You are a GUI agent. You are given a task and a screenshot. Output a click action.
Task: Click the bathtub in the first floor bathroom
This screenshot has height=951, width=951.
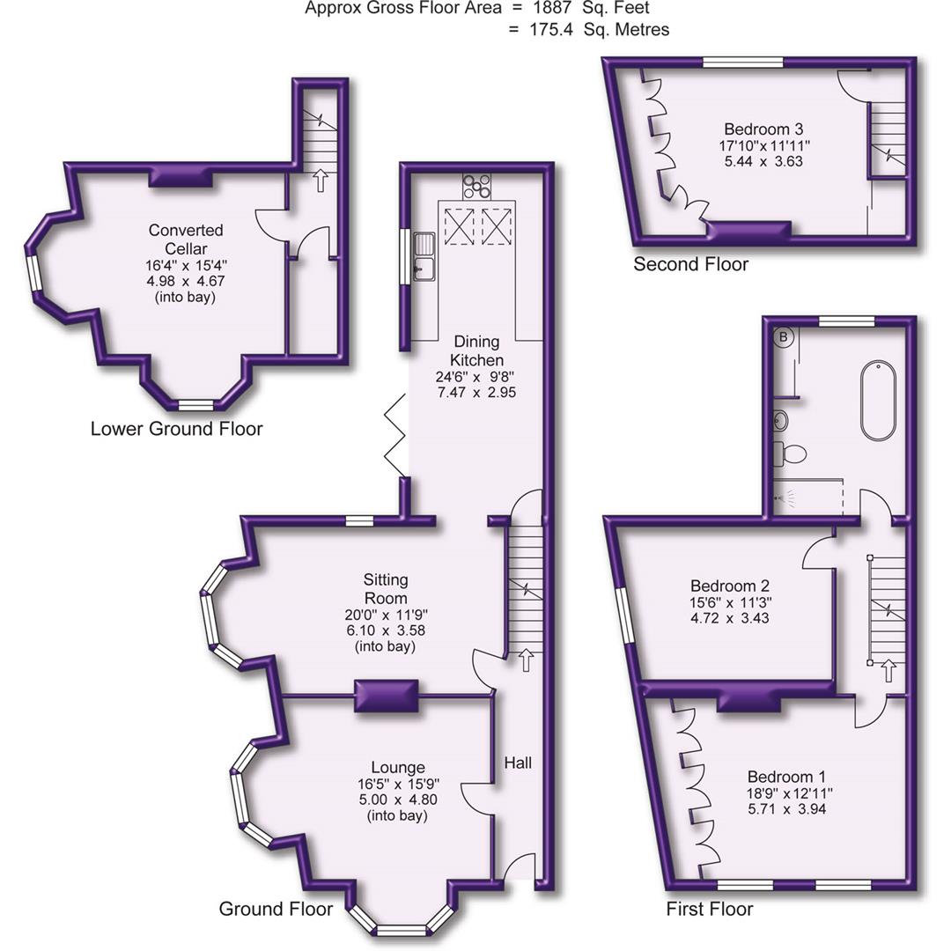coord(878,401)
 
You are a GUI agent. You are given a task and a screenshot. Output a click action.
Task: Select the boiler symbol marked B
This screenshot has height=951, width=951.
coord(783,336)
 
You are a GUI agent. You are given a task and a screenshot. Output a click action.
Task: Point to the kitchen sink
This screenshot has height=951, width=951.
coord(426,254)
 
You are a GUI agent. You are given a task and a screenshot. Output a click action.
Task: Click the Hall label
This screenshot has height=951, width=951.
coord(518,763)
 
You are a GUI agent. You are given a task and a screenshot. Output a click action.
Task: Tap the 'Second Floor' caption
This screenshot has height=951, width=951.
coord(690,264)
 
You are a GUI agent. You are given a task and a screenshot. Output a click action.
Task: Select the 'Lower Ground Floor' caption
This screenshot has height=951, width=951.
coord(176,429)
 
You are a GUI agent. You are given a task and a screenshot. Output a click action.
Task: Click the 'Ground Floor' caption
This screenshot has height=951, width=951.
coord(276,909)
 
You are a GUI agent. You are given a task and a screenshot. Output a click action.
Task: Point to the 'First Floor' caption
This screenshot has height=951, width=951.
coord(710,909)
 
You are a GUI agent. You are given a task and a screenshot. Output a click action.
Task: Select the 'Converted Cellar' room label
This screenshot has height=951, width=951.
coord(185,239)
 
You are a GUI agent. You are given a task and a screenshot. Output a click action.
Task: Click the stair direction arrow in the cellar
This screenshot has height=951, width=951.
coord(320,181)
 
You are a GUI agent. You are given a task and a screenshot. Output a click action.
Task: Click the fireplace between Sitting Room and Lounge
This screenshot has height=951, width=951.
coord(386,697)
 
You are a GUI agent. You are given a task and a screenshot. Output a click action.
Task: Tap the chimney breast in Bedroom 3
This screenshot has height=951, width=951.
coord(749,231)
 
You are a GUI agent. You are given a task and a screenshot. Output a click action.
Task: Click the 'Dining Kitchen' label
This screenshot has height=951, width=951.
coord(476,350)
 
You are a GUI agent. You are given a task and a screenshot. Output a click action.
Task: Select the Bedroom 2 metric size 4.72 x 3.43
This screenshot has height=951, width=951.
coord(730,619)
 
